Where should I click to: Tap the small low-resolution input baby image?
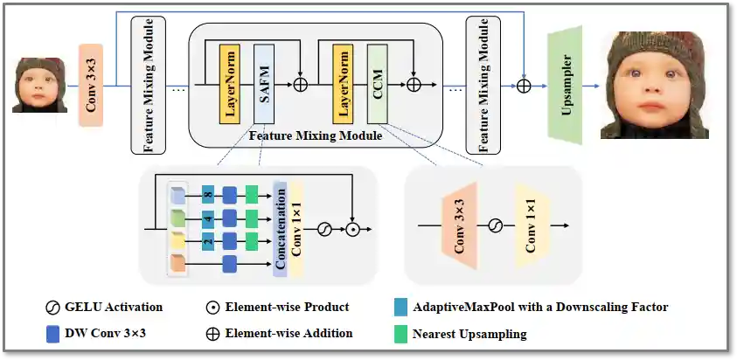tap(39, 85)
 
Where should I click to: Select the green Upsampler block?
tap(566, 86)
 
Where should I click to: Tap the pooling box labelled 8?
tap(208, 193)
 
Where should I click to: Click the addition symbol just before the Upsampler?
tap(524, 85)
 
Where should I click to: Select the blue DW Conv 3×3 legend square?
tap(51, 333)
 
